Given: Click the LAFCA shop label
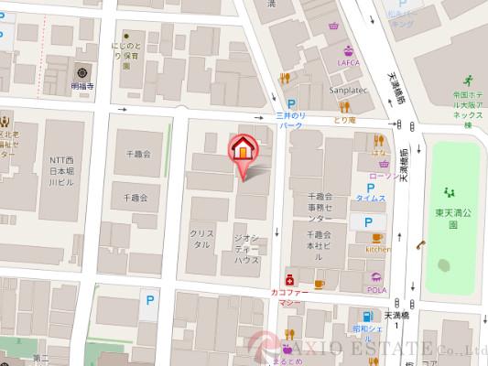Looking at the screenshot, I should pyautogui.click(x=347, y=62).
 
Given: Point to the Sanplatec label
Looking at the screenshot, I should pyautogui.click(x=349, y=91).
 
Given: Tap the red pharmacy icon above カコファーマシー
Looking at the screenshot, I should pyautogui.click(x=288, y=278).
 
